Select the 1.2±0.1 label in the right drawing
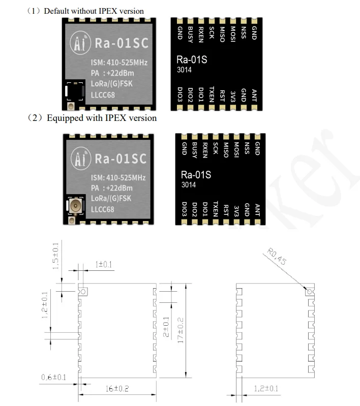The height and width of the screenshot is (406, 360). [266, 389]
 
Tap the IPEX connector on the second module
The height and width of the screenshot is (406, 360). [75, 207]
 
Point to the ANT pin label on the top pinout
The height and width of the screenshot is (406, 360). [254, 95]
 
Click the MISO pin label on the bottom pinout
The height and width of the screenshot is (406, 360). [226, 150]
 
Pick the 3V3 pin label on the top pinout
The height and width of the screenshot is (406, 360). [233, 95]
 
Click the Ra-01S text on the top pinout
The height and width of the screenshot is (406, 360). [191, 59]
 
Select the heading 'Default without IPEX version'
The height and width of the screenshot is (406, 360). [94, 11]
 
